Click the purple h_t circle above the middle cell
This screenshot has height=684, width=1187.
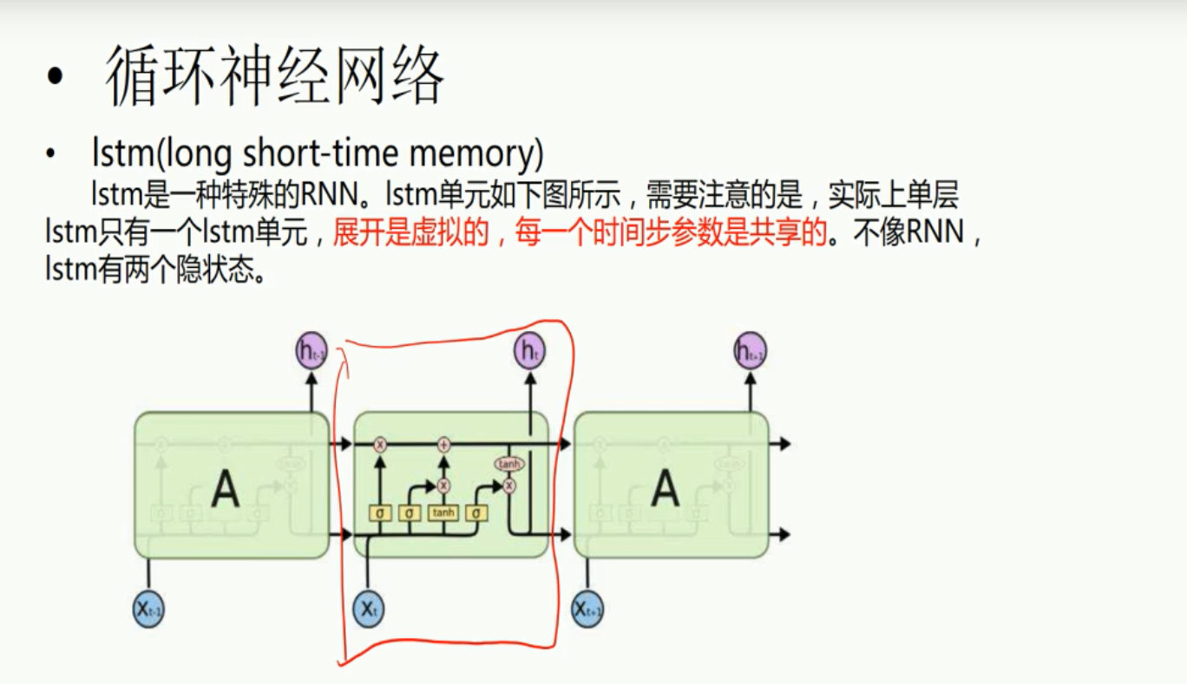click(529, 351)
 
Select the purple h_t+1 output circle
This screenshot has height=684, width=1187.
click(750, 350)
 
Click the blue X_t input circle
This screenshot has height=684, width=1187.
click(368, 609)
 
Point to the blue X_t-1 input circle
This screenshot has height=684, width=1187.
click(148, 609)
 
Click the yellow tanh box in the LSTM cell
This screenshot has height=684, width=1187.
click(443, 513)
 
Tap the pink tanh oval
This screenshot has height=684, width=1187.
click(509, 465)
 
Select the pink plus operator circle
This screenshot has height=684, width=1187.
click(444, 445)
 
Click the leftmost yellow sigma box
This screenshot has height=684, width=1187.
click(379, 513)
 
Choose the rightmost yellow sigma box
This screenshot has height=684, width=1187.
click(475, 513)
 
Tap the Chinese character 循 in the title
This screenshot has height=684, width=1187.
click(135, 78)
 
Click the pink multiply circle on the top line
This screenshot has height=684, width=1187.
click(379, 445)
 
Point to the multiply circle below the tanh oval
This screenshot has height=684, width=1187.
click(509, 486)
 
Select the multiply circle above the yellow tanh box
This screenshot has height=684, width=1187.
click(443, 485)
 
